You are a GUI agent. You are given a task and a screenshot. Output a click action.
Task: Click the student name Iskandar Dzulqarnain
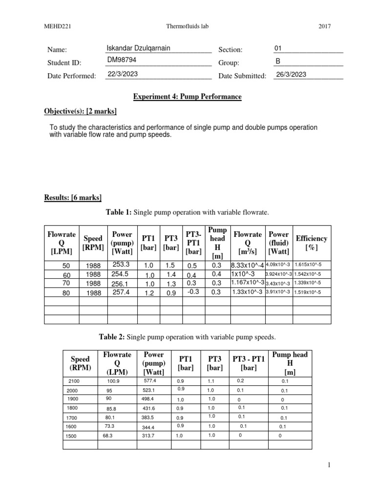[139, 48]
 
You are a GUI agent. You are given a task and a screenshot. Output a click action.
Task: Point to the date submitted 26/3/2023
[291, 74]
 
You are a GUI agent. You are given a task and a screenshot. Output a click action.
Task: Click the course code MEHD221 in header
[55, 26]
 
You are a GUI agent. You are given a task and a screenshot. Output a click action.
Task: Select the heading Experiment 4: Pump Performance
[187, 97]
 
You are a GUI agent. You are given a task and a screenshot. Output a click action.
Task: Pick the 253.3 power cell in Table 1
[120, 264]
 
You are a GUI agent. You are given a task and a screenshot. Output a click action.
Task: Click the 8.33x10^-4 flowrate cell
[247, 265]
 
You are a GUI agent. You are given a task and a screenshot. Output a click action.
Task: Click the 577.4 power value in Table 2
[149, 380]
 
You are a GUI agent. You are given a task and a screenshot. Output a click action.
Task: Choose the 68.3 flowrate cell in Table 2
[108, 435]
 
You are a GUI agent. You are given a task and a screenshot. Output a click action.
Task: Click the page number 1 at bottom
[329, 466]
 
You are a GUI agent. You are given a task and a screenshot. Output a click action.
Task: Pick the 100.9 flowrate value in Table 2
[113, 380]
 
